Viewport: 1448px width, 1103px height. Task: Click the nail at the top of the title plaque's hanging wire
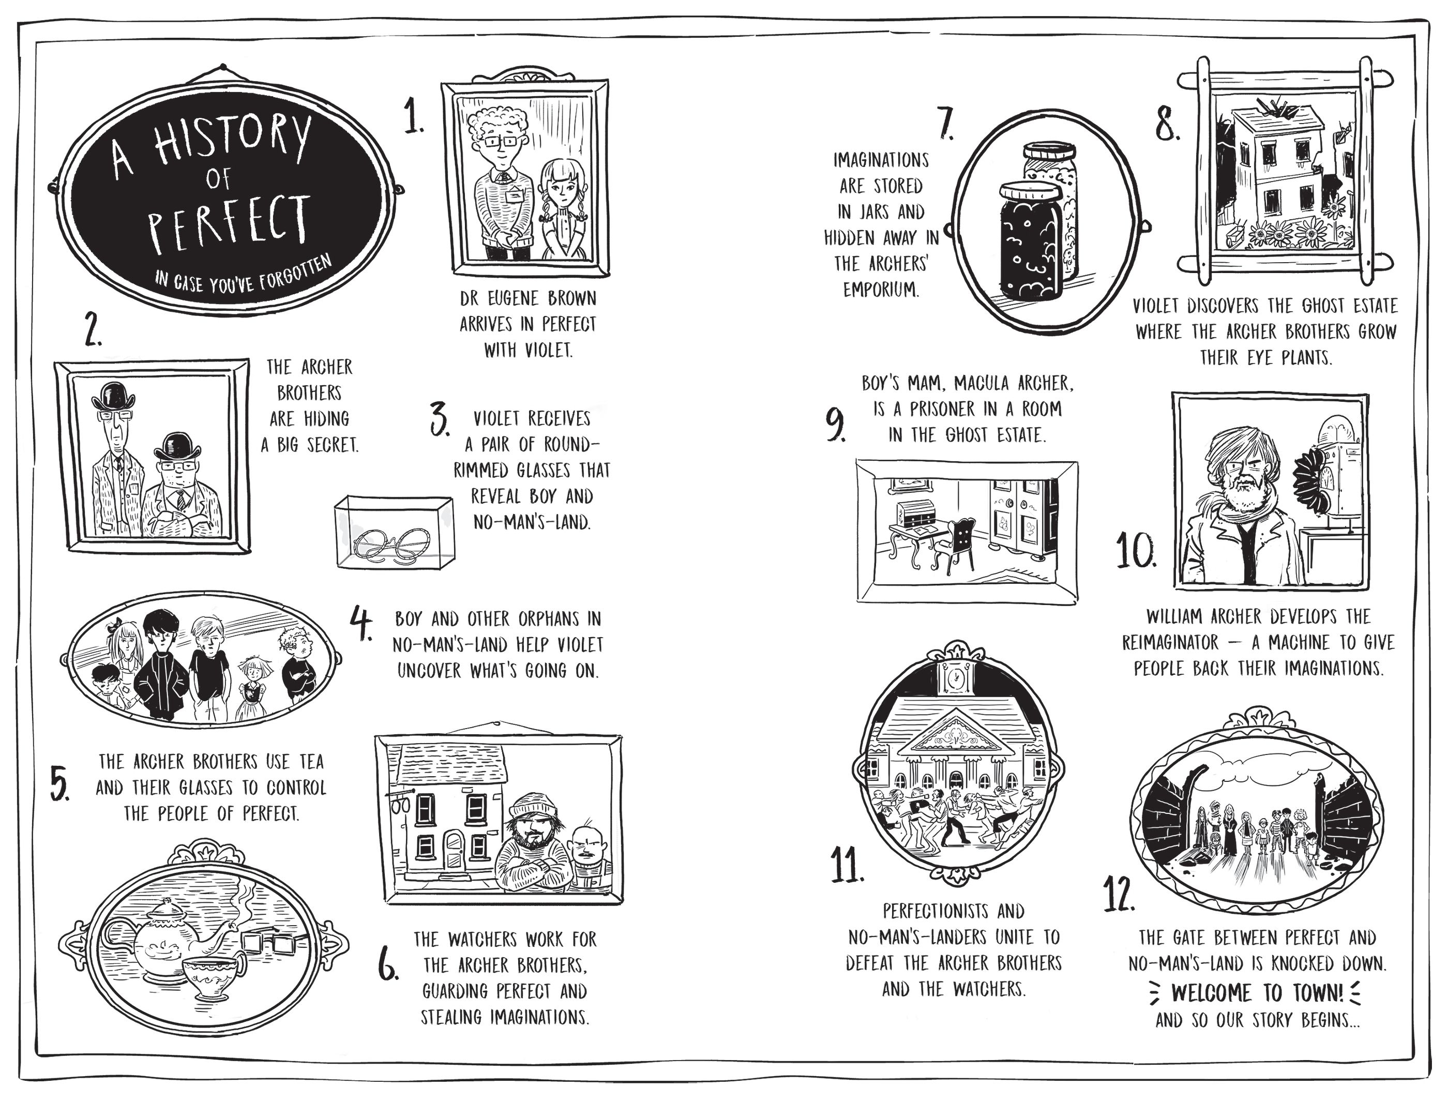tap(223, 67)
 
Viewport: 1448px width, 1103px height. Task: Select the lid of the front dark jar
tap(1030, 192)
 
